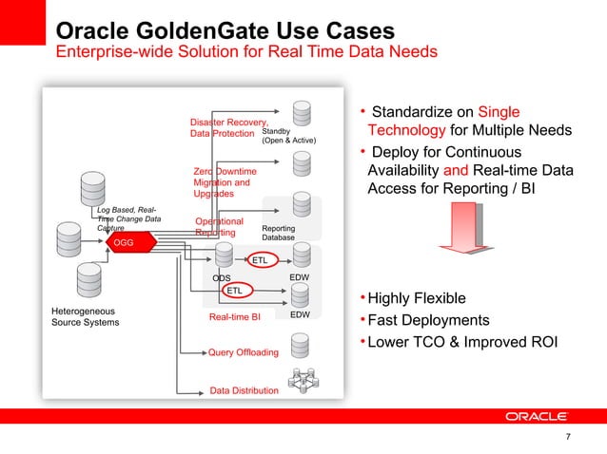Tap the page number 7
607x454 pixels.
(568, 437)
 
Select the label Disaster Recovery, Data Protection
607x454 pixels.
(228, 128)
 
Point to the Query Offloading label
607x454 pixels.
(244, 353)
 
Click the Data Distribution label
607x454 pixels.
(245, 390)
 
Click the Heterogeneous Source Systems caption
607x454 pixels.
(85, 316)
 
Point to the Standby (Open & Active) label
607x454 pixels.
(287, 135)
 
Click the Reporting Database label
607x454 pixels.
(279, 233)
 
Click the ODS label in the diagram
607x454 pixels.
(222, 278)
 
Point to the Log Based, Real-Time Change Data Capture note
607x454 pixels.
(129, 219)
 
